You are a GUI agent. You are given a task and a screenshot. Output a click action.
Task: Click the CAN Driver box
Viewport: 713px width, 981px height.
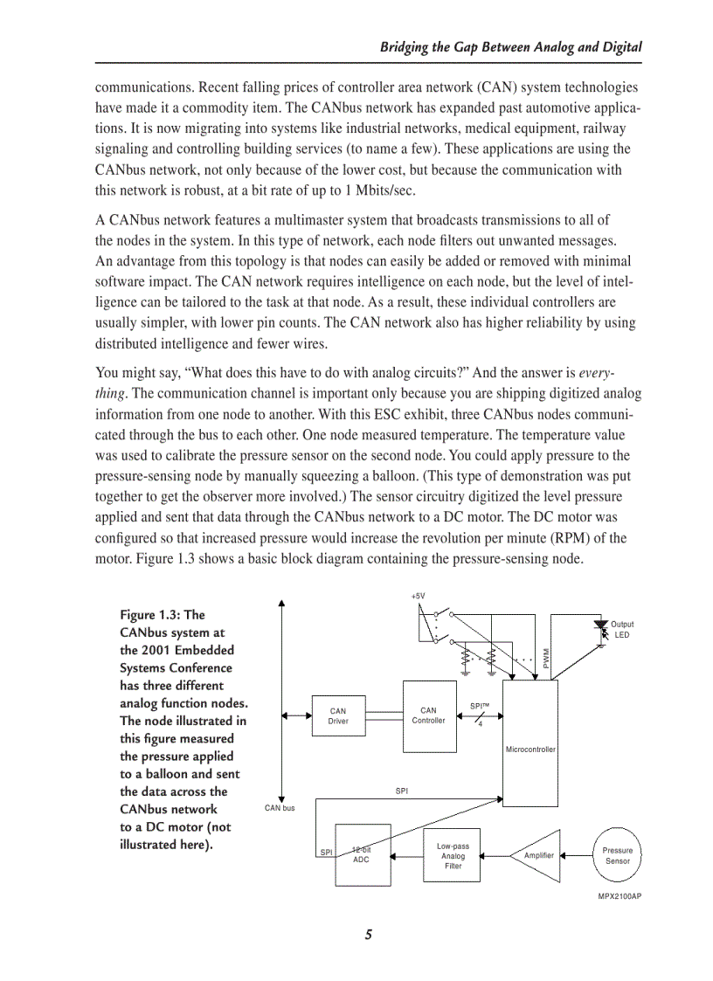pyautogui.click(x=338, y=716)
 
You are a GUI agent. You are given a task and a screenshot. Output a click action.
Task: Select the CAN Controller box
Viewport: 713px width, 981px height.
pyautogui.click(x=428, y=716)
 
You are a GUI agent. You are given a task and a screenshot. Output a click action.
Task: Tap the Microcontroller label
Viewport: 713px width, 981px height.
pyautogui.click(x=530, y=750)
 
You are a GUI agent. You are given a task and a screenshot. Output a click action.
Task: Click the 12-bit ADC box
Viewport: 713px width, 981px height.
pyautogui.click(x=362, y=855)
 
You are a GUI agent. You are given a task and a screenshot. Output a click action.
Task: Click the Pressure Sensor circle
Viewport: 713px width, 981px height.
pyautogui.click(x=618, y=855)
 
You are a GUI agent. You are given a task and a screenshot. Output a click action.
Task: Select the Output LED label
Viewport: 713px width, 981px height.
pyautogui.click(x=622, y=630)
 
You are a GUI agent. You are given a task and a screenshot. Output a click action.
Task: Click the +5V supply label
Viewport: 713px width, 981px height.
pyautogui.click(x=418, y=596)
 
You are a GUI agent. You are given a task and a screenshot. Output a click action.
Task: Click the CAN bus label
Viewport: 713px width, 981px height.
pyautogui.click(x=280, y=808)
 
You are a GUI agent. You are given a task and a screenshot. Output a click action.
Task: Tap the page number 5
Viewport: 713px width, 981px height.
pyautogui.click(x=369, y=936)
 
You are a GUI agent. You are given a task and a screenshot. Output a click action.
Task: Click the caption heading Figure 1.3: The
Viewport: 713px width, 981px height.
pyautogui.click(x=163, y=615)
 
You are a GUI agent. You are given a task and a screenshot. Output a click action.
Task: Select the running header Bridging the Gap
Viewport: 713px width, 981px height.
pyautogui.click(x=511, y=48)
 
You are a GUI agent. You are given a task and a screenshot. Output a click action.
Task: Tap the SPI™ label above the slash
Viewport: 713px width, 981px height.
pyautogui.click(x=480, y=705)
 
